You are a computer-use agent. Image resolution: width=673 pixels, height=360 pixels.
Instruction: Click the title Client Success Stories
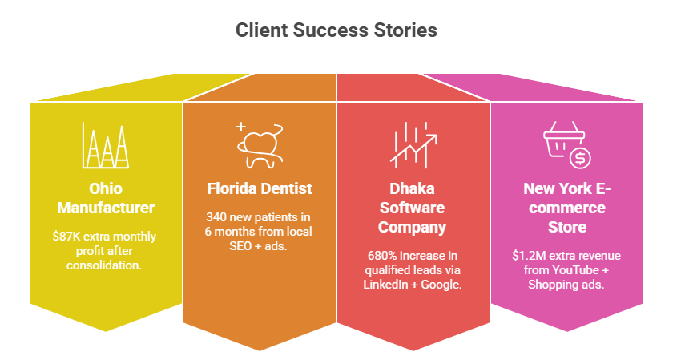click(x=336, y=30)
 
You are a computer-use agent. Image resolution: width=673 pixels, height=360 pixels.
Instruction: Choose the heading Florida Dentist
click(x=259, y=190)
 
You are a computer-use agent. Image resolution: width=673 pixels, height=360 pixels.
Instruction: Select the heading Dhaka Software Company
click(x=412, y=208)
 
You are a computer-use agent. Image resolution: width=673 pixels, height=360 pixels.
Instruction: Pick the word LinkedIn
click(x=389, y=285)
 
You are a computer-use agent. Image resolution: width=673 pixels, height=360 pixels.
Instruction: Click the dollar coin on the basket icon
click(x=579, y=158)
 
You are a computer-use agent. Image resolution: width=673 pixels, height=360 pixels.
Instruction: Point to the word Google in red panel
click(x=441, y=285)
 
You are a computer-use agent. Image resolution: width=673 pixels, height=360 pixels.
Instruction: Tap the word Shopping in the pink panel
click(x=552, y=285)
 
